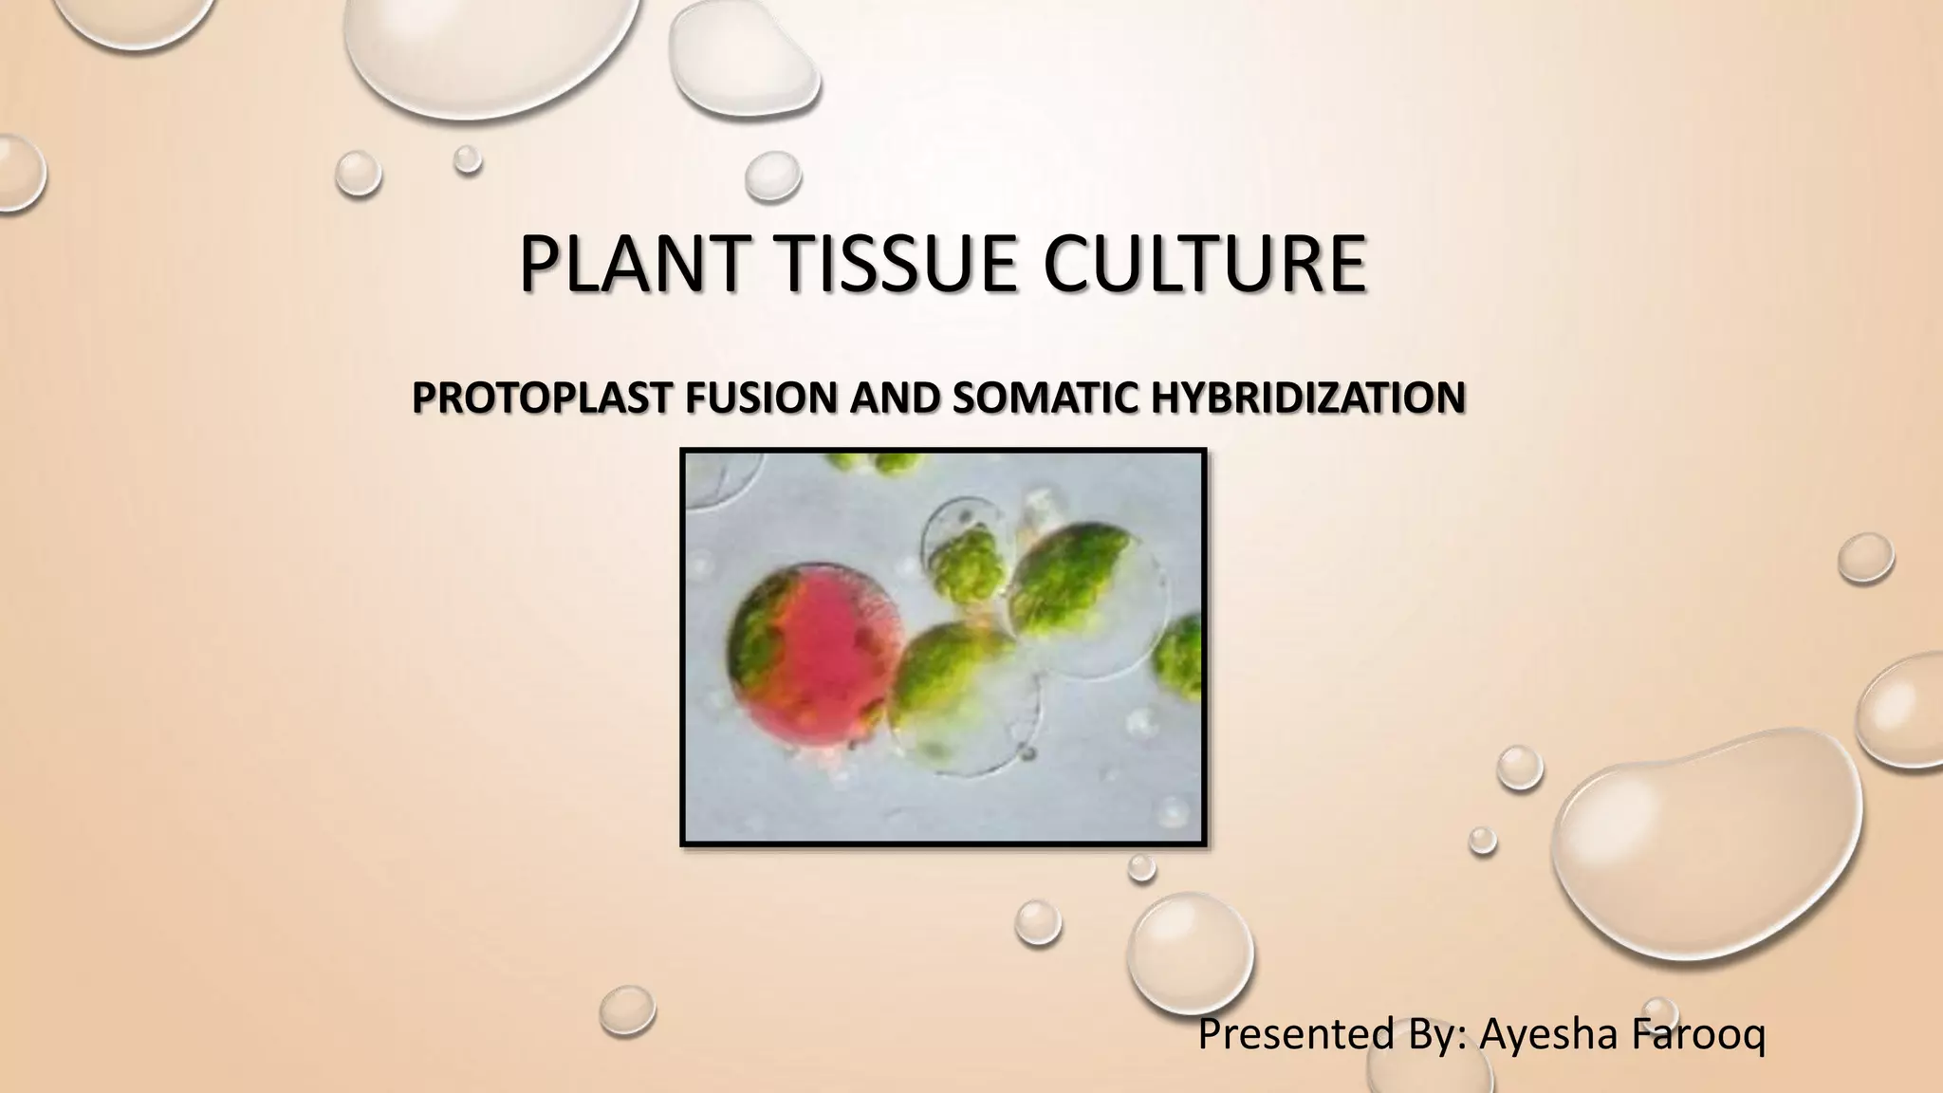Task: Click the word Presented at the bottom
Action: click(1295, 1034)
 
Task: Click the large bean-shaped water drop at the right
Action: click(1708, 835)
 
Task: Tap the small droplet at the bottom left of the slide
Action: click(627, 1010)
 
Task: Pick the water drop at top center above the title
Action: click(745, 55)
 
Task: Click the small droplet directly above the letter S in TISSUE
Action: click(772, 177)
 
